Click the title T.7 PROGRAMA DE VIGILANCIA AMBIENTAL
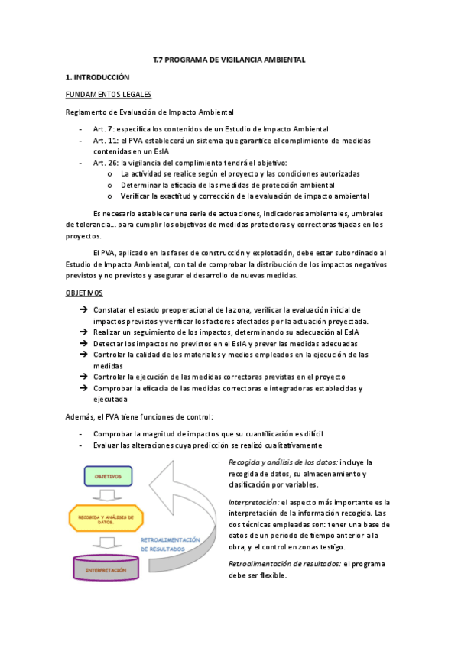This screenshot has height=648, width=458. [229, 59]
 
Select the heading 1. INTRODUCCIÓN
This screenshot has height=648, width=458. [97, 77]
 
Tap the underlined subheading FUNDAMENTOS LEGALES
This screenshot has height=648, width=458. [108, 95]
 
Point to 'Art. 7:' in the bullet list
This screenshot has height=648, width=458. [104, 129]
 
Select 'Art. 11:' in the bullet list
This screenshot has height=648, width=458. [106, 141]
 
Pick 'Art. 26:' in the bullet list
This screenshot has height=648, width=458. [106, 163]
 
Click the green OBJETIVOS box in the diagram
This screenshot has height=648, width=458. [109, 475]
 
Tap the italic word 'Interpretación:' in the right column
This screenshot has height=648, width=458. [254, 502]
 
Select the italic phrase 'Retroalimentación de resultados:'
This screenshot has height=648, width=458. [284, 563]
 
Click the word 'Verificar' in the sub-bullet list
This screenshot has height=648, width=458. [138, 196]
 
